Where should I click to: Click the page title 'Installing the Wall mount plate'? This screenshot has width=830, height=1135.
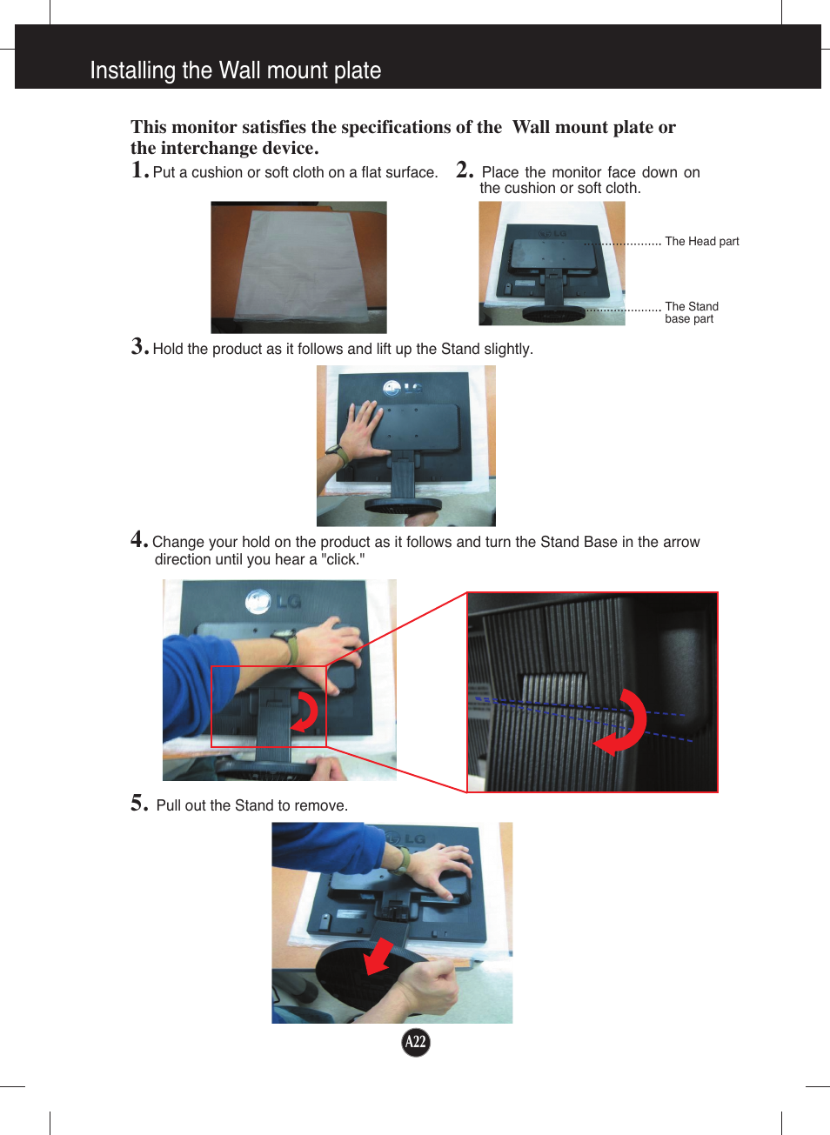[236, 70]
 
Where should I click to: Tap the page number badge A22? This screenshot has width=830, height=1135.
[416, 1042]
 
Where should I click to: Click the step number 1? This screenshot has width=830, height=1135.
[139, 170]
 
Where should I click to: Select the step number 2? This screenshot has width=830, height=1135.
[465, 170]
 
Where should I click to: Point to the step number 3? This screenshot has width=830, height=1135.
[139, 346]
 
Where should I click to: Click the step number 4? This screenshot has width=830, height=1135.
[139, 539]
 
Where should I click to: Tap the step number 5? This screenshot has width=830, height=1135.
[139, 803]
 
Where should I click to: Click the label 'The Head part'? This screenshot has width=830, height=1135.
[701, 242]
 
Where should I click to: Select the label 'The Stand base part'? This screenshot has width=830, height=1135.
[691, 312]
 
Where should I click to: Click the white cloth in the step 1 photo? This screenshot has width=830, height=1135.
[300, 265]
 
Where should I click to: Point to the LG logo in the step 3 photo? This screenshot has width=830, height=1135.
[402, 388]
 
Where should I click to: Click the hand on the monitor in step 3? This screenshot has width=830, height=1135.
[361, 431]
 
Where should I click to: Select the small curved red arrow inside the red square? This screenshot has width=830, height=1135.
[306, 711]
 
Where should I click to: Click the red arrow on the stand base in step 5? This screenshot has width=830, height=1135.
[378, 957]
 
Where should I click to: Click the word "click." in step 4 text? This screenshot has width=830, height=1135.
[343, 560]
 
